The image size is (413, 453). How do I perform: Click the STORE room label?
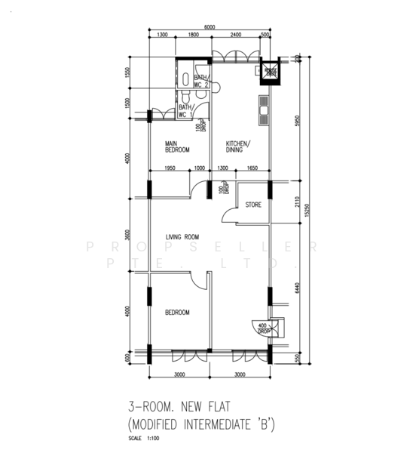pos(253,204)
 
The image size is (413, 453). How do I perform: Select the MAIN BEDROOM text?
pos(178,147)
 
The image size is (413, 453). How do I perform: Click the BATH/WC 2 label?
pos(201,82)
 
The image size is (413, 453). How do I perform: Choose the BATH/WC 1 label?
pos(185,111)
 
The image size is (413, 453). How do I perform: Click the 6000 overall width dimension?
pos(209,28)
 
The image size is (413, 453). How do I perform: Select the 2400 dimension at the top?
pos(236,35)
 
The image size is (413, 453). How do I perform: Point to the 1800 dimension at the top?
pos(193,35)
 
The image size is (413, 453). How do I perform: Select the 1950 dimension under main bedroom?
pos(170,168)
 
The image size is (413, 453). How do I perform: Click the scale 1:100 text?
pos(142,439)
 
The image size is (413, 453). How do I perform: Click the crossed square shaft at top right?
pos(270,70)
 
